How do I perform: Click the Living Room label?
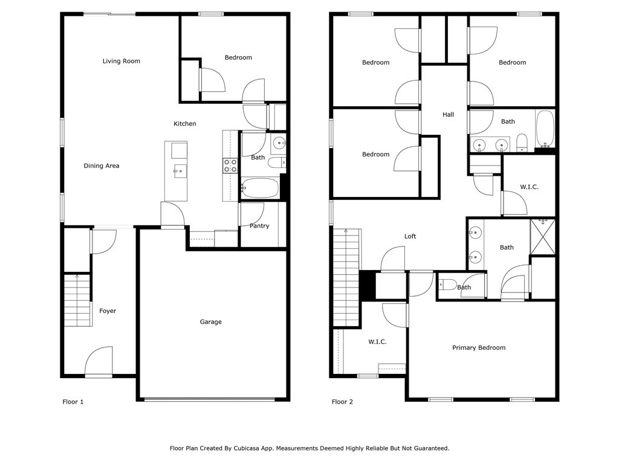pos(121,61)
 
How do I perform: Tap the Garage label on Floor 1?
pos(210,322)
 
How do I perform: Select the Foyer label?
pos(108,311)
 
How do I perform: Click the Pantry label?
pos(259,227)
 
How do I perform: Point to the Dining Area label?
pos(101,166)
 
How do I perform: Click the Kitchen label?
pos(185,124)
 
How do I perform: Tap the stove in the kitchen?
pos(230,166)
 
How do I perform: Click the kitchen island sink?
pos(179,172)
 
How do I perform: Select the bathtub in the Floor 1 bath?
pos(260,187)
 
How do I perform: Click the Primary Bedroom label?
pos(479,348)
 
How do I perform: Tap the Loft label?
pos(410,237)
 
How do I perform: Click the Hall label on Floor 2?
pos(448,115)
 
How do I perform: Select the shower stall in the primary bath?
pos(542,237)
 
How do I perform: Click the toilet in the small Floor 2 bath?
pos(448,285)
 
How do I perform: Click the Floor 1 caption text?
pos(73,402)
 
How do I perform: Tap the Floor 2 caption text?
pos(342,402)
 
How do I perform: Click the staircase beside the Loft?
pos(346,278)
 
